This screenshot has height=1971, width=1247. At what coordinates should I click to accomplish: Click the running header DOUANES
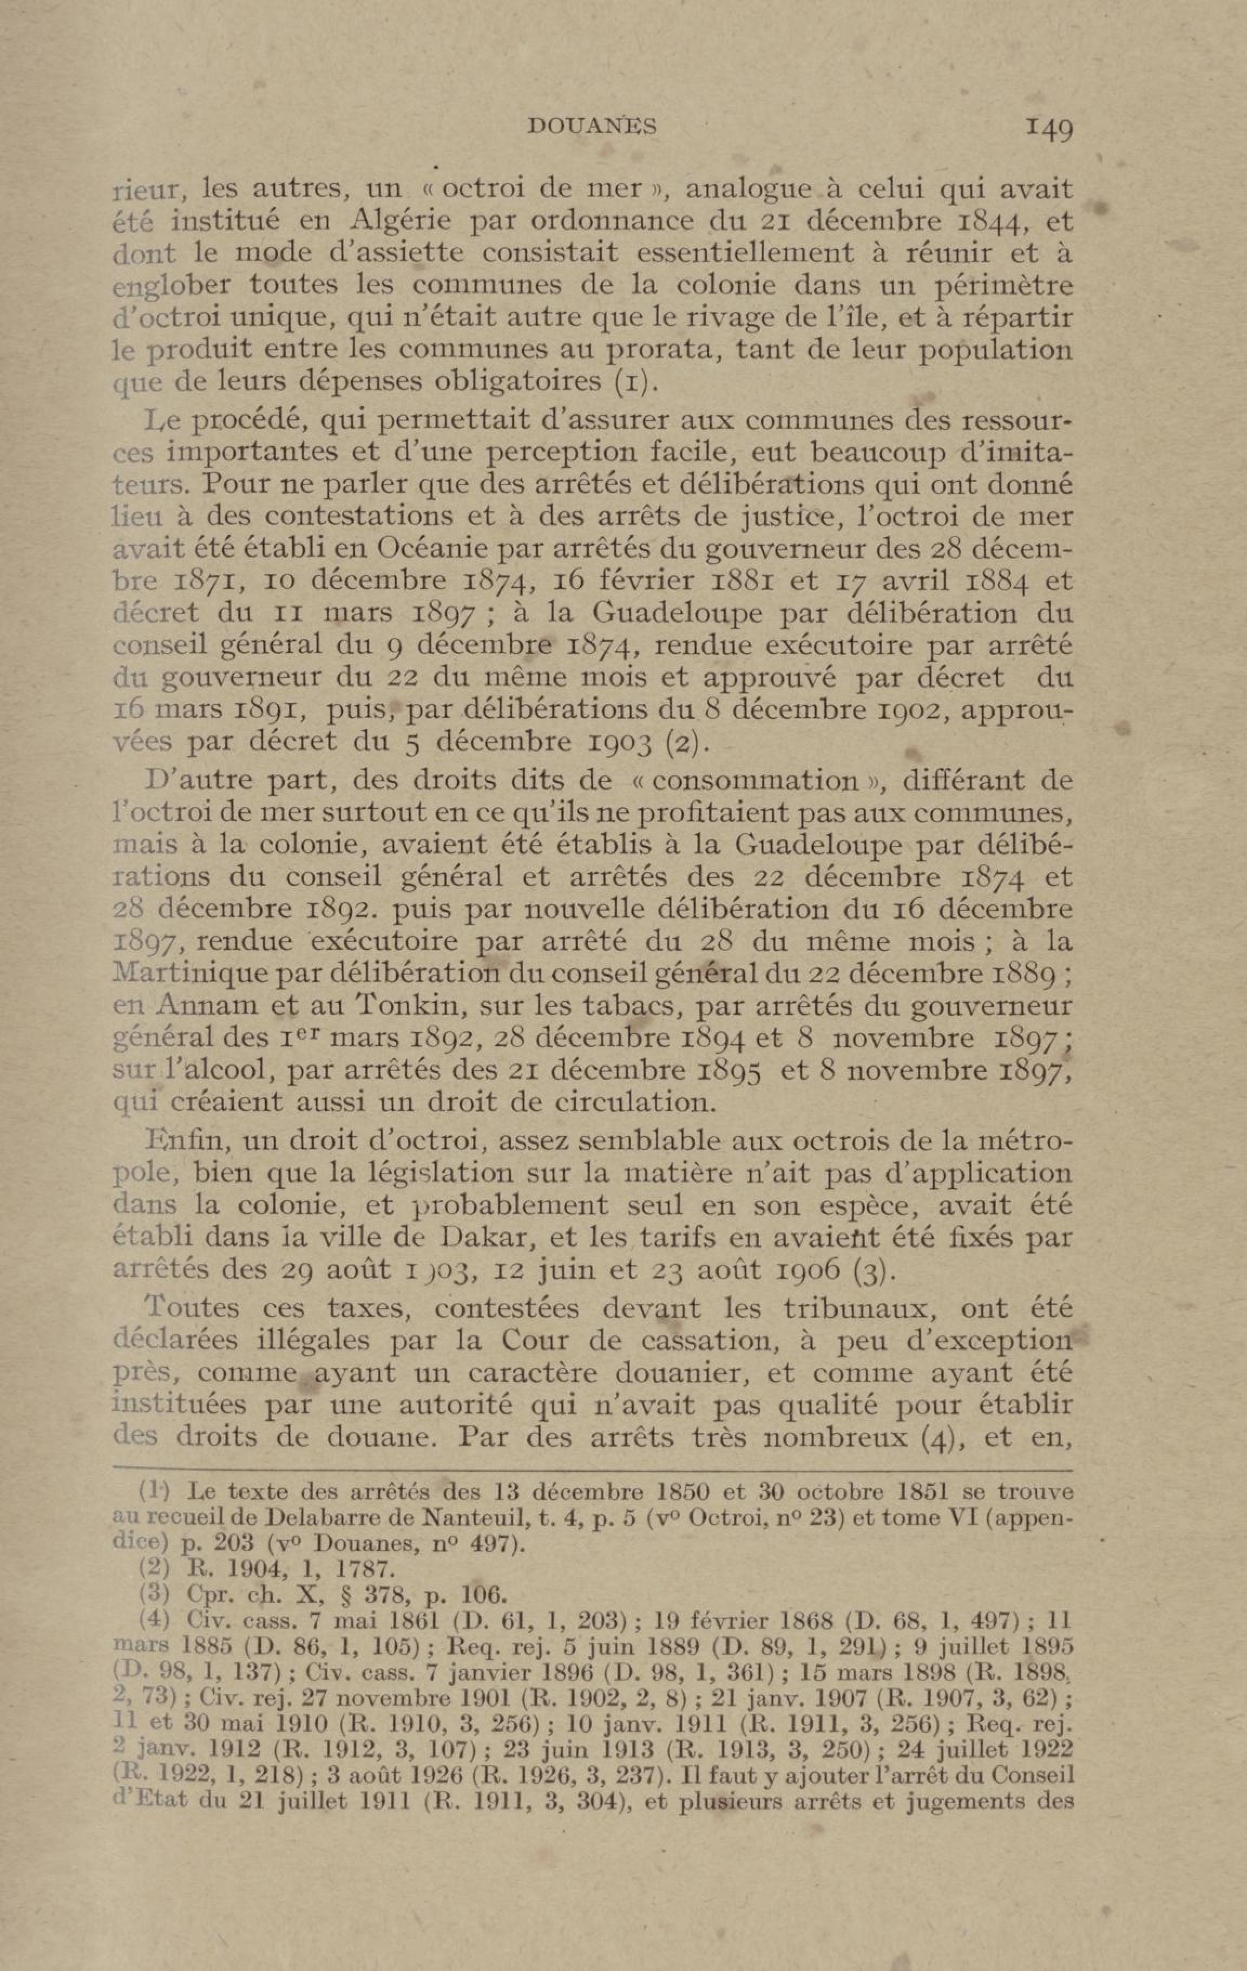593,126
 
